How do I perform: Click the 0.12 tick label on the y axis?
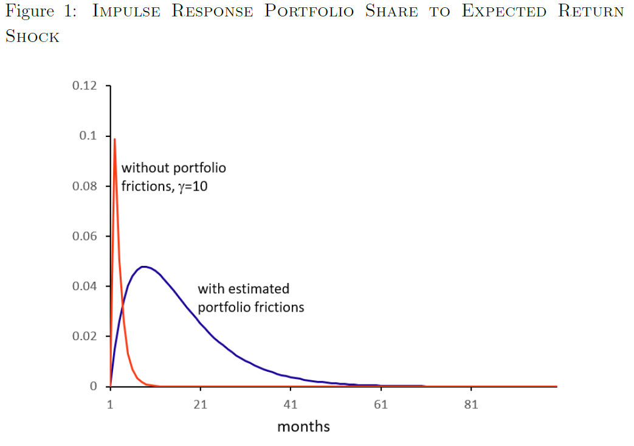84,85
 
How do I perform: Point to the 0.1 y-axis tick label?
88,136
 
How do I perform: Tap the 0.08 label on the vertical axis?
84,186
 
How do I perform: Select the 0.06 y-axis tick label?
84,236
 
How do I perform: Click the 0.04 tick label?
84,286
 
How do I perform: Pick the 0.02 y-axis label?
84,336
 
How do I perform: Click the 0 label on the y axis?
94,386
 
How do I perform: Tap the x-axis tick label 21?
200,404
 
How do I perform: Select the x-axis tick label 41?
291,404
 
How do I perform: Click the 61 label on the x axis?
381,404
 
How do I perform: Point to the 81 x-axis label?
471,404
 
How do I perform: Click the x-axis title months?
303,427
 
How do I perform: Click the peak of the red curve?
115,139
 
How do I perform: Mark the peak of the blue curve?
143,267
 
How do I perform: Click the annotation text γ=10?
193,187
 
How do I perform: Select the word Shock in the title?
32,36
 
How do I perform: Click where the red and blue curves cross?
123,310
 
